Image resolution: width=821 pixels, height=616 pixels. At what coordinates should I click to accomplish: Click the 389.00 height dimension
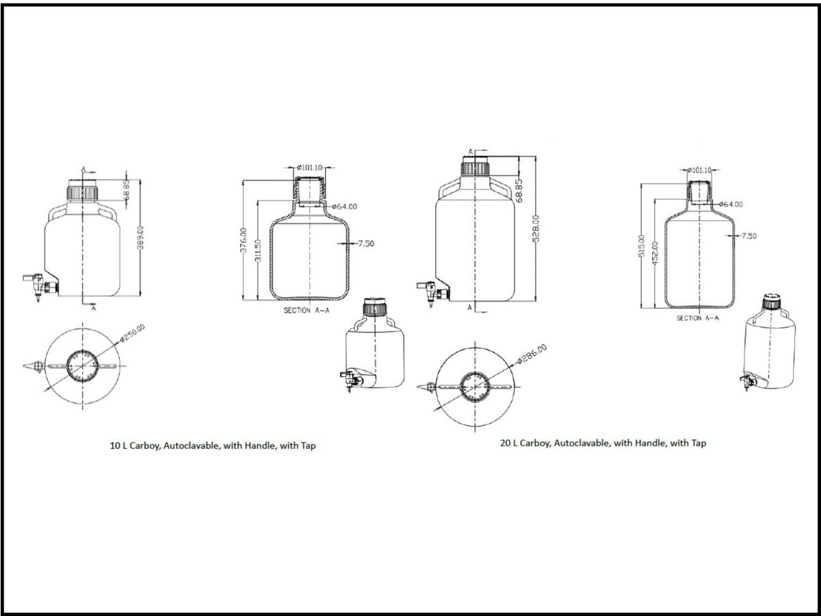pos(140,238)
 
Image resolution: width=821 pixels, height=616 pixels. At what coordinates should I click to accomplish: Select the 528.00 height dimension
pos(536,228)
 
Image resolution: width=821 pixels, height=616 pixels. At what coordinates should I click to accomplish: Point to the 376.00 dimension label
pos(242,240)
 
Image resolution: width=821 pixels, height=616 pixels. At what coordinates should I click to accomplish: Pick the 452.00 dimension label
pos(655,253)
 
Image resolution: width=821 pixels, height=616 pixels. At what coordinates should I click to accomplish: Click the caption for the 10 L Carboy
pos(213,446)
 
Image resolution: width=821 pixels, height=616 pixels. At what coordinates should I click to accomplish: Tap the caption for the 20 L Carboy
pos(603,444)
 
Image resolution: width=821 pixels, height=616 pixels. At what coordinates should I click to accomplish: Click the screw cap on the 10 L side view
pos(81,192)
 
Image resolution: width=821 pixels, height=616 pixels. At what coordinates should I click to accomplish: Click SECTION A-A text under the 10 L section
pos(307,310)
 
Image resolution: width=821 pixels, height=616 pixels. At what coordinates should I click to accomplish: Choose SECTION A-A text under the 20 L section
pos(698,318)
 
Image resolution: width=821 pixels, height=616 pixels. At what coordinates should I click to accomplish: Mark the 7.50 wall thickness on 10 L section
pos(365,243)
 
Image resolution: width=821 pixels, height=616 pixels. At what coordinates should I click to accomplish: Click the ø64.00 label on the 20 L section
pos(731,204)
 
